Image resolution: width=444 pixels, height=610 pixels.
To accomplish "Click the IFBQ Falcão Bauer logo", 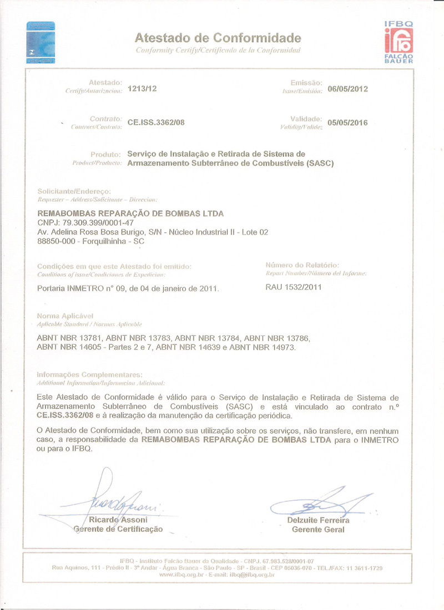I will [x=398, y=42].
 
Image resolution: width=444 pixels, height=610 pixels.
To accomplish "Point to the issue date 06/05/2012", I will [x=348, y=89].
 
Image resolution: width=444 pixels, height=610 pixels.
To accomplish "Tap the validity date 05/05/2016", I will [x=348, y=123].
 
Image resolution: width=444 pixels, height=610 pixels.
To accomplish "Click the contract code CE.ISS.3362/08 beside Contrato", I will [x=156, y=123].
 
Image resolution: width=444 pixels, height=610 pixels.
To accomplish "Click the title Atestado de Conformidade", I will [x=218, y=38].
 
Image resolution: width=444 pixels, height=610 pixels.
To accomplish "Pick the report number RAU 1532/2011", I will [x=294, y=287].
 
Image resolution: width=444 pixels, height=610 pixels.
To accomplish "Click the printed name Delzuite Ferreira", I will [x=318, y=521].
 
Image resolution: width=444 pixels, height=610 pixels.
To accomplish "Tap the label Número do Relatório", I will [x=302, y=265].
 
